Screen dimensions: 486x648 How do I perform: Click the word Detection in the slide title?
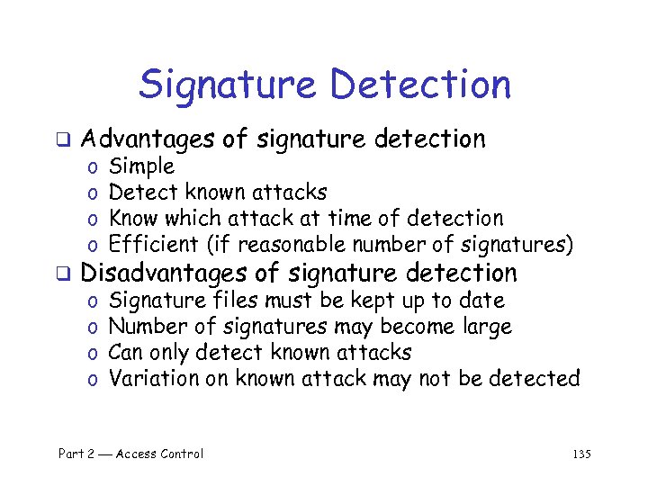point(420,86)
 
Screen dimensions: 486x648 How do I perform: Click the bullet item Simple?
point(141,166)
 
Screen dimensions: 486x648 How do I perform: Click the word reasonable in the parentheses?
point(298,244)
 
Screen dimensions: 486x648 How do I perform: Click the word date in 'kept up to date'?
point(482,301)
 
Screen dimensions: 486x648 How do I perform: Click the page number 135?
point(581,454)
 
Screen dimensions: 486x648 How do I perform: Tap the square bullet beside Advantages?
point(64,140)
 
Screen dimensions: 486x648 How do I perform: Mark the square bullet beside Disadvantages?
point(64,274)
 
